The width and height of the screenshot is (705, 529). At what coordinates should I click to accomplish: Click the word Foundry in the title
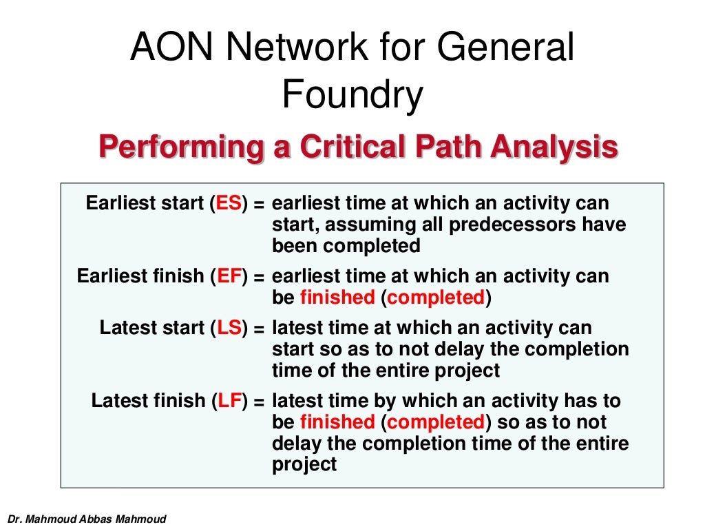[352, 97]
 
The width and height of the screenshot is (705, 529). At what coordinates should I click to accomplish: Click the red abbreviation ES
[229, 204]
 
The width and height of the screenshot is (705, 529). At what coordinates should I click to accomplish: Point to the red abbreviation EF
[229, 276]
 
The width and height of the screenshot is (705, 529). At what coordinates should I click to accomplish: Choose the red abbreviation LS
[229, 328]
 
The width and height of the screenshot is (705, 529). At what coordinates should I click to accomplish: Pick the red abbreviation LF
[229, 401]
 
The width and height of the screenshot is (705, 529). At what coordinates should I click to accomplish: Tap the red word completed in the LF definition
[435, 422]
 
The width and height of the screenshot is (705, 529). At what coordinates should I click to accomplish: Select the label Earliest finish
[140, 276]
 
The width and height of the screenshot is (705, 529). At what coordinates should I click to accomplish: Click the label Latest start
[152, 328]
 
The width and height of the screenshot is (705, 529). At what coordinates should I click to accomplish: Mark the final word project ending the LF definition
[304, 464]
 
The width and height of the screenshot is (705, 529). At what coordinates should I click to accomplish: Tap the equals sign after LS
[258, 329]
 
